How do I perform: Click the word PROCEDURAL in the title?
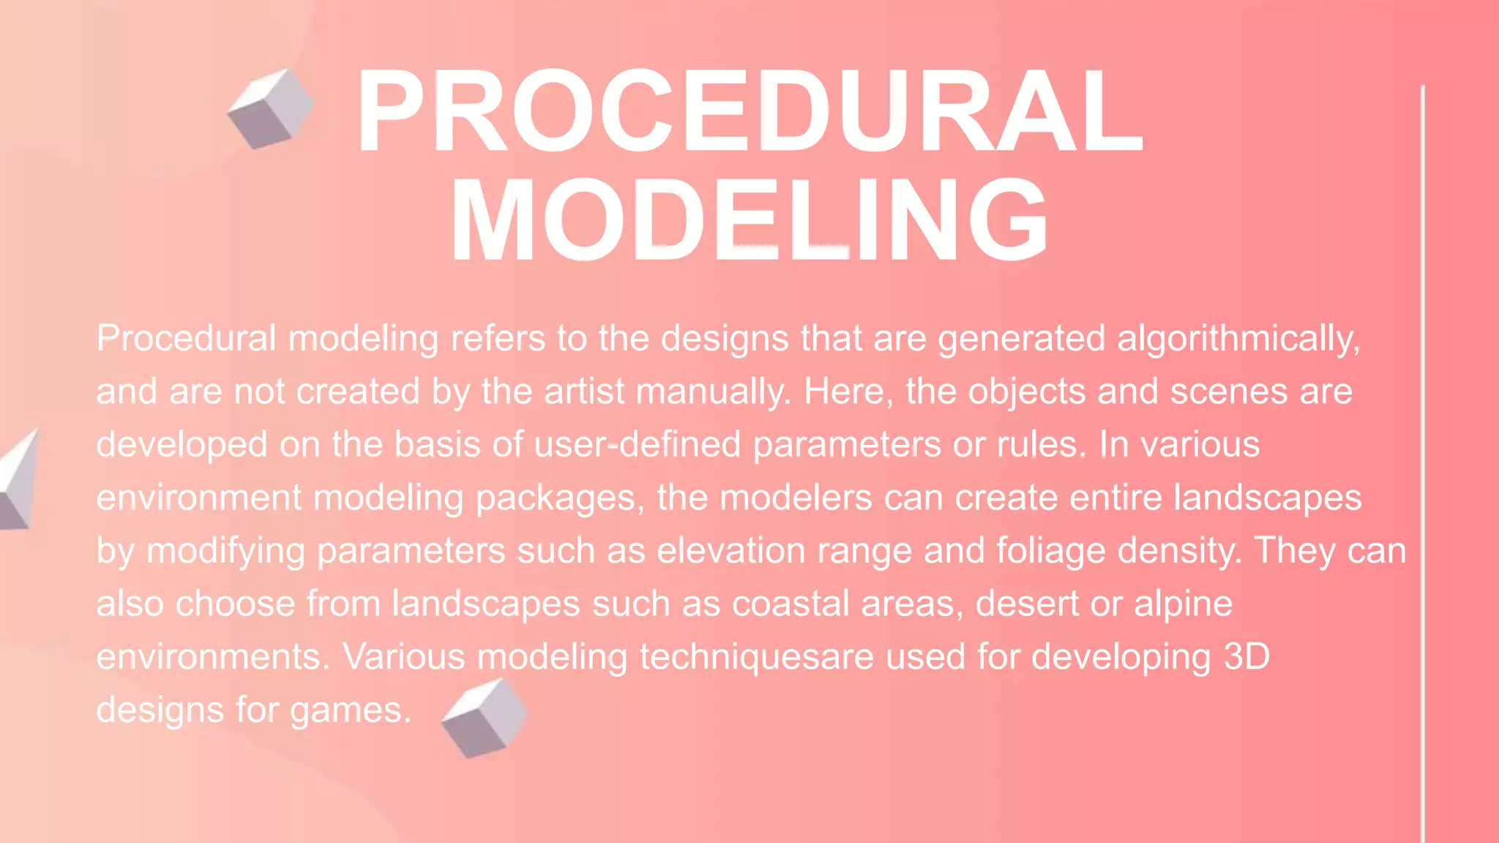click(x=749, y=111)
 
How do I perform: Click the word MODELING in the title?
click(x=749, y=220)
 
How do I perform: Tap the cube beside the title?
click(x=270, y=109)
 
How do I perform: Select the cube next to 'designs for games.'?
click(x=485, y=717)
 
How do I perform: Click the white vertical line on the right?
click(x=1423, y=461)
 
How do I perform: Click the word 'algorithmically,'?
click(x=1238, y=339)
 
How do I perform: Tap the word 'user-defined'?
click(x=637, y=445)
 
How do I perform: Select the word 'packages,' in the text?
click(x=560, y=498)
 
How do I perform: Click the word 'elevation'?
click(x=730, y=551)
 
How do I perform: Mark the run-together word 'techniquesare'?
click(x=756, y=657)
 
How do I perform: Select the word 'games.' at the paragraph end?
click(x=351, y=711)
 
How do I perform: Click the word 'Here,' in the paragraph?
click(x=848, y=392)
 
